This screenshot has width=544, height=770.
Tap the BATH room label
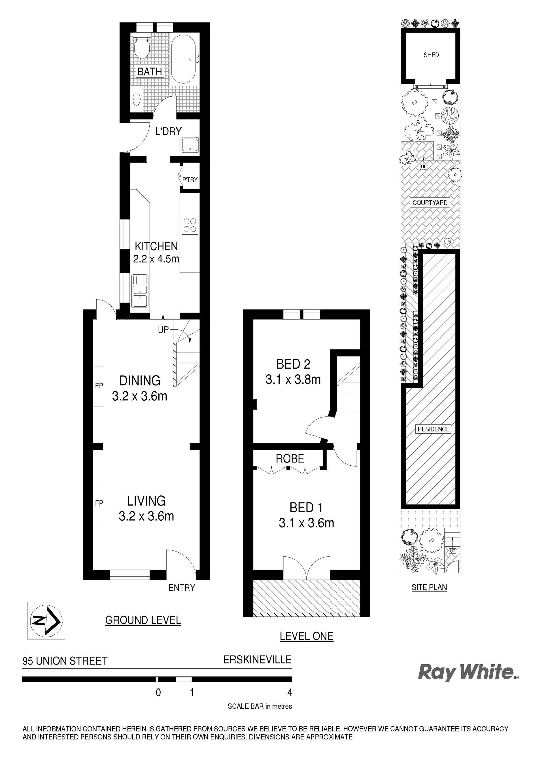click(x=150, y=71)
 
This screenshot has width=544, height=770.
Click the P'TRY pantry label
click(x=190, y=180)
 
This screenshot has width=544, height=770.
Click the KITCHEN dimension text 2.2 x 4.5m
click(x=156, y=259)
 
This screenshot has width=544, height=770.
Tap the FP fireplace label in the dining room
click(x=99, y=386)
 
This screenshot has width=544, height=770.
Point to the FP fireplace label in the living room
click(x=99, y=503)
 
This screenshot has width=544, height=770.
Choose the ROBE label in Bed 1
click(x=290, y=459)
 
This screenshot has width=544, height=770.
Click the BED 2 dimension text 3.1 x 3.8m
click(x=293, y=380)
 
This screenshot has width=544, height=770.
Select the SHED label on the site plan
click(x=431, y=55)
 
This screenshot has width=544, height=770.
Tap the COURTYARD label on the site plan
click(x=430, y=203)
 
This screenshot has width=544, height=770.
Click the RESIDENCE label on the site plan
click(x=434, y=429)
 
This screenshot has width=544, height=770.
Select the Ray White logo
click(x=468, y=673)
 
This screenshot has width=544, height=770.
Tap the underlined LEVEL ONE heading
click(x=307, y=636)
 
